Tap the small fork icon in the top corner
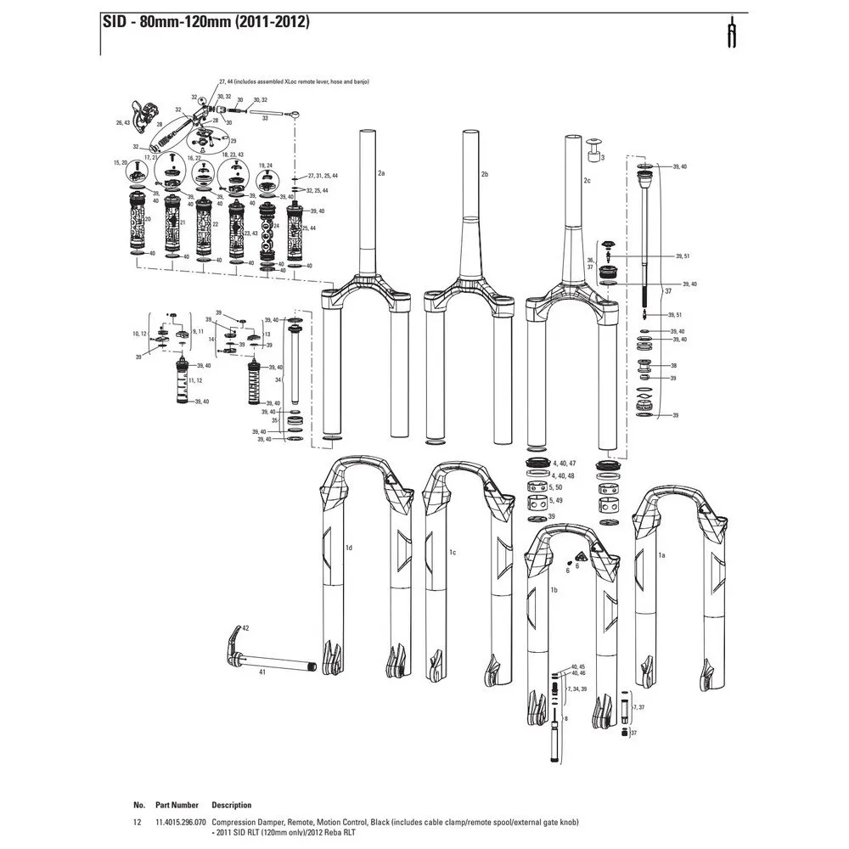[x=729, y=34]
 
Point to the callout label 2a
[x=381, y=173]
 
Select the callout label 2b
[x=485, y=174]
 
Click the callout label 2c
[x=587, y=181]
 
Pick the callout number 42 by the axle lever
[x=245, y=627]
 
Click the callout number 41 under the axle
[x=262, y=672]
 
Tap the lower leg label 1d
[x=348, y=548]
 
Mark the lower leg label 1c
[x=453, y=553]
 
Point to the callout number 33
[x=265, y=119]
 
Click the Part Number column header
[x=177, y=805]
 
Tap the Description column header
[x=232, y=805]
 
